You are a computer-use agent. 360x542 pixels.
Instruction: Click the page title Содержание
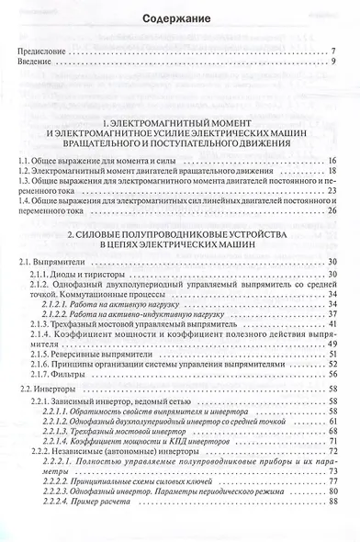coord(181,18)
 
